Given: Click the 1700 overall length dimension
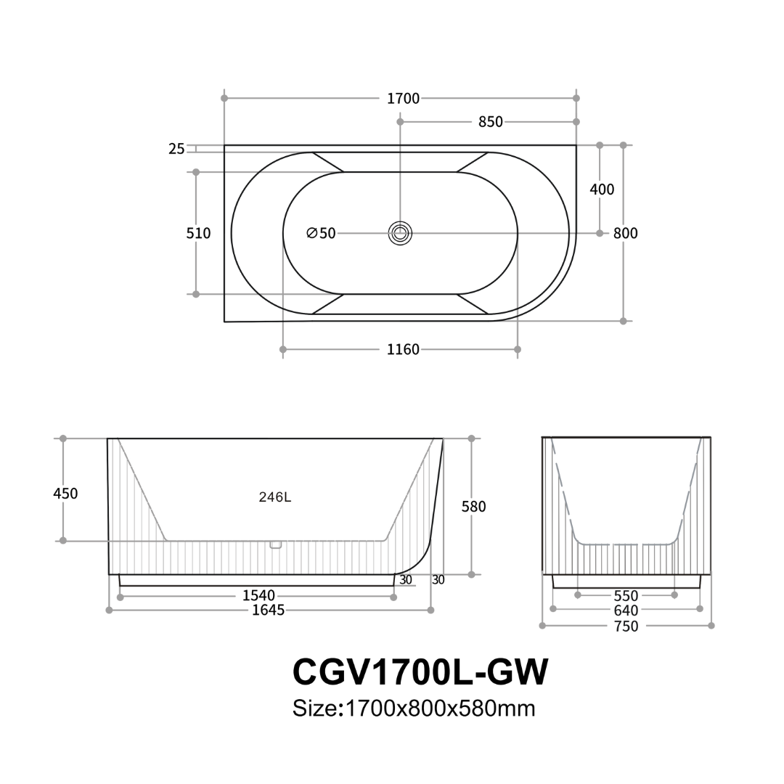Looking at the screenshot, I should (x=403, y=98).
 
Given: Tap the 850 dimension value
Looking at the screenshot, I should (x=491, y=122).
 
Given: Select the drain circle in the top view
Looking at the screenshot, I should (x=400, y=233).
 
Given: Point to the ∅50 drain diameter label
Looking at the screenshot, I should (x=321, y=233).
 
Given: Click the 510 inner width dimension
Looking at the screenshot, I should (x=198, y=233).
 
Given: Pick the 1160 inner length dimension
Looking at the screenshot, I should (x=403, y=350).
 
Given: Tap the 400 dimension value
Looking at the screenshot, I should (x=602, y=189).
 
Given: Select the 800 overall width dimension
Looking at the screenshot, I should (x=625, y=233).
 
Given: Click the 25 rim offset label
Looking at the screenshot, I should (x=176, y=149).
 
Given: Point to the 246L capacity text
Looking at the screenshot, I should (x=275, y=497).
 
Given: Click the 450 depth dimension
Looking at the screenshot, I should (x=65, y=494).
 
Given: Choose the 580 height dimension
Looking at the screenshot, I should (x=473, y=507).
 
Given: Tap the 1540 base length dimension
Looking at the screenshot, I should (x=258, y=596).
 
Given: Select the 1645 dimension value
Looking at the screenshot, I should (x=268, y=611).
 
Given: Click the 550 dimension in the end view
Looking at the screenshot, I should (x=626, y=596).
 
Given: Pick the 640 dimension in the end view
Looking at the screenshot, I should (x=626, y=611).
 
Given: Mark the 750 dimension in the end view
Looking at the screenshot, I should (x=626, y=626).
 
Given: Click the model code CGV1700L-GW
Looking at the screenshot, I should (x=420, y=672).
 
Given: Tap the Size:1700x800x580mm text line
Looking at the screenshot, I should (x=414, y=708).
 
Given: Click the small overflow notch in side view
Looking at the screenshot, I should (x=275, y=544).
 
